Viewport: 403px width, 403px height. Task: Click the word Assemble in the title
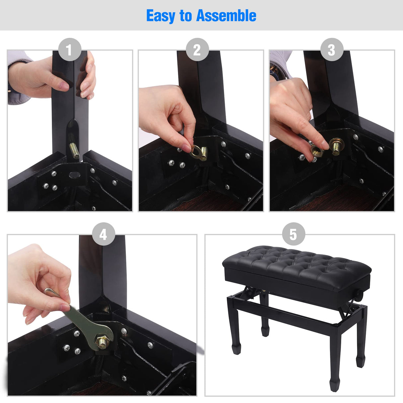point(226,16)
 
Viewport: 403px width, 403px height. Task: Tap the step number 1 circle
point(70,50)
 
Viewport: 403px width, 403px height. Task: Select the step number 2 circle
point(197,50)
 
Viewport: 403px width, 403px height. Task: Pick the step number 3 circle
point(331,50)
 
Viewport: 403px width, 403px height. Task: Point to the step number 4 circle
point(103,234)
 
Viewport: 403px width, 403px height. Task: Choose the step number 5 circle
point(293,234)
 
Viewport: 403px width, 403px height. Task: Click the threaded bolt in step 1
point(75,151)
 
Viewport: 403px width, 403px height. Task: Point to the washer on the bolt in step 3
point(336,145)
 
